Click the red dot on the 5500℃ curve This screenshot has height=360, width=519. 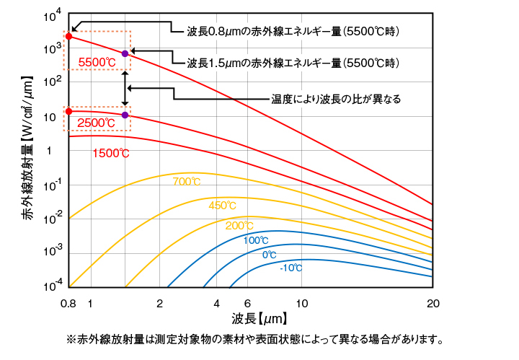68,36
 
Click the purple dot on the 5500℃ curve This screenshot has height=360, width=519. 125,53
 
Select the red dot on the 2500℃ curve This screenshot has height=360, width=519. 68,111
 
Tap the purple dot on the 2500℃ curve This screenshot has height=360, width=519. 125,115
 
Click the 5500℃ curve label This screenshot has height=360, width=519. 97,62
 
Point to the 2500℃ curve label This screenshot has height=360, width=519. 97,123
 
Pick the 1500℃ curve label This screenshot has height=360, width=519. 111,153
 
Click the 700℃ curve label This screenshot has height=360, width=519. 187,182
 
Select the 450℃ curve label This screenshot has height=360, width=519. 222,206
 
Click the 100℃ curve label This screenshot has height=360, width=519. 256,240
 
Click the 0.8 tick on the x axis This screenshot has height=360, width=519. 68,303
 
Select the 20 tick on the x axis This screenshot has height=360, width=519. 432,303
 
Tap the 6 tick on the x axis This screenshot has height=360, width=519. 247,303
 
